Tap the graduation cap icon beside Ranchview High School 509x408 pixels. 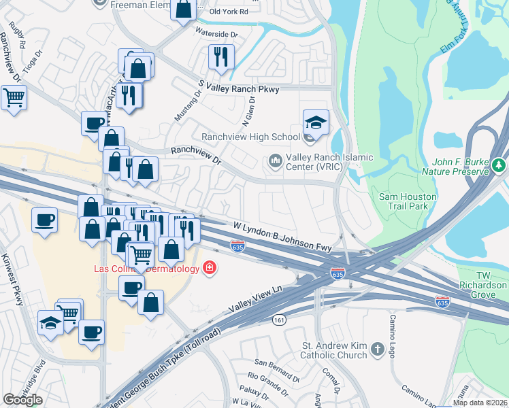(316, 122)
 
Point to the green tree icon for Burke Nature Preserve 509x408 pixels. (499, 165)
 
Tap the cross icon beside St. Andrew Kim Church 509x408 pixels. (379, 351)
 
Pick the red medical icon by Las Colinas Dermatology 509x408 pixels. (210, 268)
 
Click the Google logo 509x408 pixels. (22, 400)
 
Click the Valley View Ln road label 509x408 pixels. (255, 299)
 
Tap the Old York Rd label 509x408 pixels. (229, 12)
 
